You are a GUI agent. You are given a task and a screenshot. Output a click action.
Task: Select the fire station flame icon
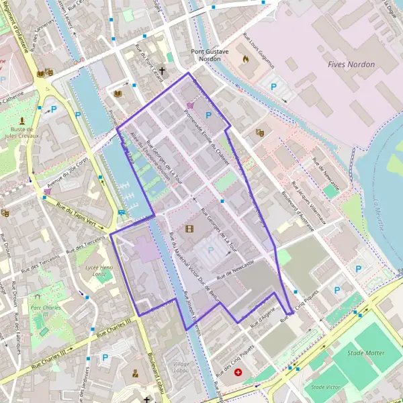tap(244, 58)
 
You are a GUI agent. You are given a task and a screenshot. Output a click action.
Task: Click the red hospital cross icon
tap(238, 371)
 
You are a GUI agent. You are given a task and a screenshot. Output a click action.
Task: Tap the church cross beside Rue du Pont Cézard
tap(162, 70)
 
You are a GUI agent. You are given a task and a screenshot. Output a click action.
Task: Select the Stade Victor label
tap(326, 387)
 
